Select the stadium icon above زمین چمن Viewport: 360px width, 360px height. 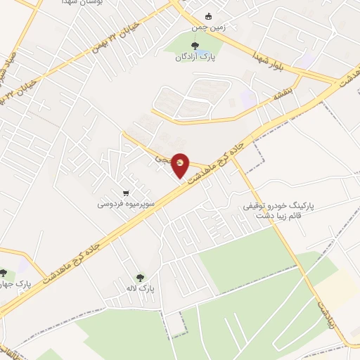tap(208, 16)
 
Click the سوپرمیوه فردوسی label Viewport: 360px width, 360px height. tap(126, 204)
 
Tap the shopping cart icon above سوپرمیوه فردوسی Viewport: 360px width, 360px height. tap(125, 193)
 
